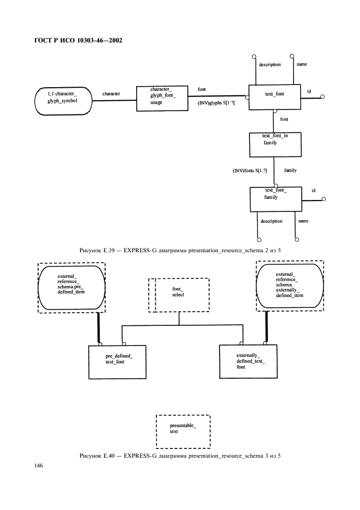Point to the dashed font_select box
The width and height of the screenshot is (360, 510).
click(179, 295)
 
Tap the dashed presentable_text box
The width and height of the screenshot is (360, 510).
click(182, 430)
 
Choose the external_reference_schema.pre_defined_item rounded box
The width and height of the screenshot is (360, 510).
click(71, 287)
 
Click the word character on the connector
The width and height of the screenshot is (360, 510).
click(111, 94)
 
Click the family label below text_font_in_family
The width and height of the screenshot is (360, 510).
click(291, 171)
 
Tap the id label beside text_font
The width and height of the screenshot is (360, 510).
click(309, 91)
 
